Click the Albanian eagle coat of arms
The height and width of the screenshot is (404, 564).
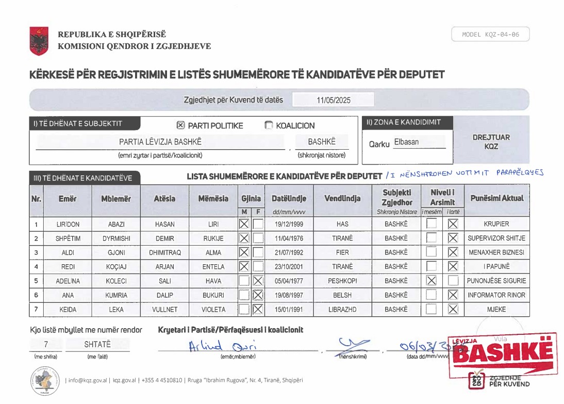[x=39, y=41]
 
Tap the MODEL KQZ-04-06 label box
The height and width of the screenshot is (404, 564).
[x=490, y=35]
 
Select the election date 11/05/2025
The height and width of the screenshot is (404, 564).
[x=333, y=100]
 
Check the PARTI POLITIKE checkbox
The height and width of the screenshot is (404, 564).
[x=180, y=125]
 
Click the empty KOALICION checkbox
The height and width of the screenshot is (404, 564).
[x=269, y=125]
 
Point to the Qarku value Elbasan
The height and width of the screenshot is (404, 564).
[x=406, y=142]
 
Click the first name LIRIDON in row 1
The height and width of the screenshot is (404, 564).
[x=68, y=224]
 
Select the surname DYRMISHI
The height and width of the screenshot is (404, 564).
[x=117, y=238]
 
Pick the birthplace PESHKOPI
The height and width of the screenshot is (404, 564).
[x=342, y=281]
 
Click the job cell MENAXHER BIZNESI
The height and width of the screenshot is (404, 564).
[x=496, y=253]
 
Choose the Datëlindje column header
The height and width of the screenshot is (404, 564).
[x=289, y=199]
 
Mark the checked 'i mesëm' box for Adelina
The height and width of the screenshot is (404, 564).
[x=432, y=281]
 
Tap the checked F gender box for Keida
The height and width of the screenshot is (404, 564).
[x=258, y=309]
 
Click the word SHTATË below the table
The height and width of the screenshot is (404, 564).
[x=97, y=344]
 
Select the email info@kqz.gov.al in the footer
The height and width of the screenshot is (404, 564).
[x=88, y=380]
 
